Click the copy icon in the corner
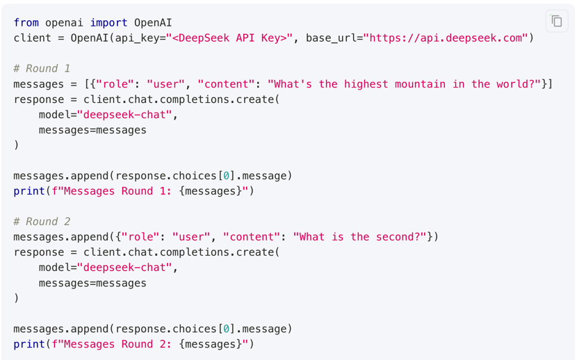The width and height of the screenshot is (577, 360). (556, 22)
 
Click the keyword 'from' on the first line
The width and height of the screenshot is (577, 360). (26, 23)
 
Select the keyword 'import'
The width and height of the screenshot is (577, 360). (108, 23)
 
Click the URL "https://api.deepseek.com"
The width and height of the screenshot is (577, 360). (446, 38)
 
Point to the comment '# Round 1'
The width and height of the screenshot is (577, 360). (42, 69)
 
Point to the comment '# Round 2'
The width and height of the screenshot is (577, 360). (42, 222)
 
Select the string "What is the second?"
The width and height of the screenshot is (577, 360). (359, 237)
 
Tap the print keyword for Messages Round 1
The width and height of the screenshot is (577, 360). (29, 191)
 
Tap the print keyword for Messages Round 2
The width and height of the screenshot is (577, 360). (29, 344)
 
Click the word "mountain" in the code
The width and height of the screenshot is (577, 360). (420, 84)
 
